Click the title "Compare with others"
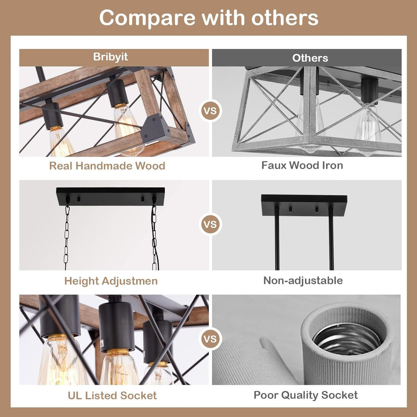pyautogui.click(x=209, y=18)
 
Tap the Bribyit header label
pyautogui.click(x=110, y=57)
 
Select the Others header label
pyautogui.click(x=310, y=58)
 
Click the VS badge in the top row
pyautogui.click(x=210, y=111)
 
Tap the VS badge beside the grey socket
pyautogui.click(x=210, y=339)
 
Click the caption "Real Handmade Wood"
pyautogui.click(x=107, y=166)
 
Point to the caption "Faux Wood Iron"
pyautogui.click(x=302, y=165)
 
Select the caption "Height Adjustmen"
pyautogui.click(x=111, y=281)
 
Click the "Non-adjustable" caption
pyautogui.click(x=303, y=280)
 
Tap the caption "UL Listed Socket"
pyautogui.click(x=112, y=395)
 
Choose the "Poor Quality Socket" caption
pyautogui.click(x=306, y=395)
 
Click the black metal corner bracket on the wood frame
pyautogui.click(x=155, y=129)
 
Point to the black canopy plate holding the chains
pyautogui.click(x=110, y=196)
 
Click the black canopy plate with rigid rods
pyautogui.click(x=304, y=205)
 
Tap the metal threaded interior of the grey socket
pyautogui.click(x=346, y=338)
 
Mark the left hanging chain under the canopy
pyautogui.click(x=66, y=236)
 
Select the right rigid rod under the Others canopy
pyautogui.click(x=331, y=239)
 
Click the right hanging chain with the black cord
pyautogui.click(x=155, y=236)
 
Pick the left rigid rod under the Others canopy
pyautogui.click(x=277, y=239)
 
